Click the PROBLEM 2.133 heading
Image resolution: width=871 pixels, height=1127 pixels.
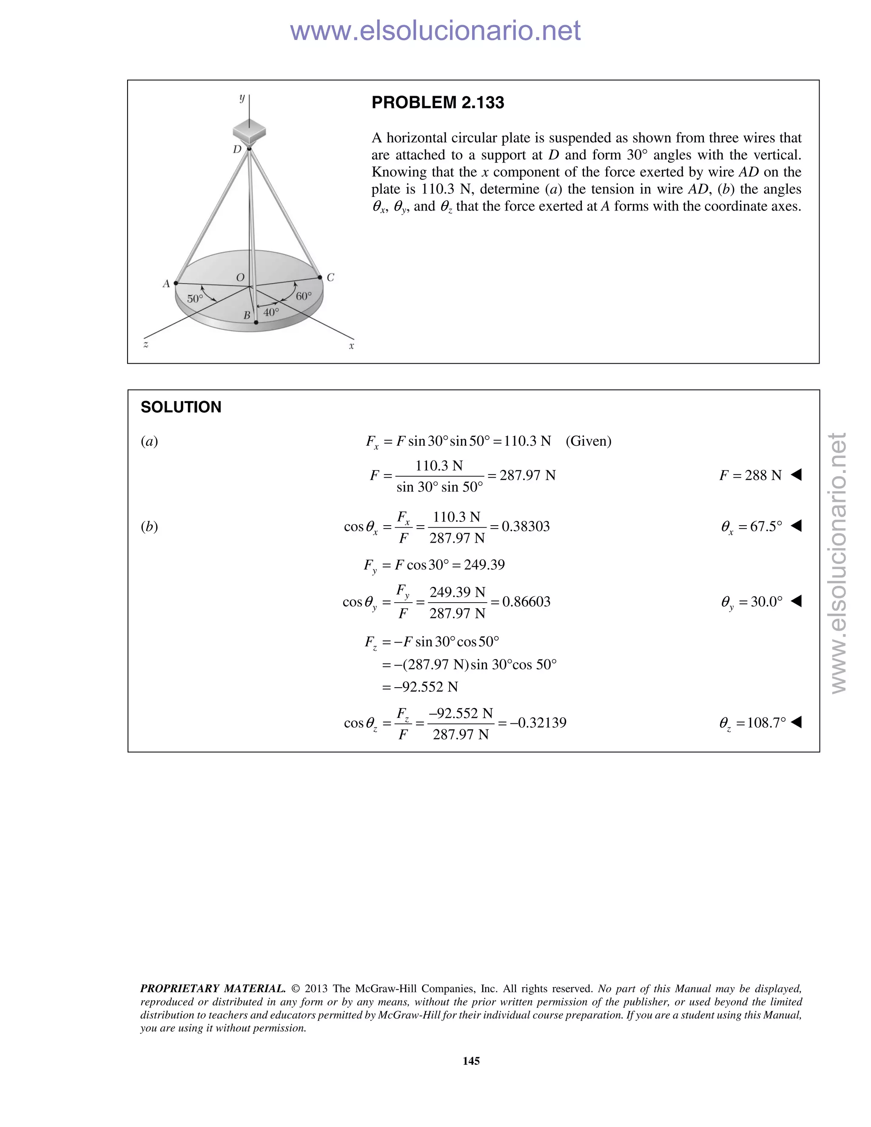(x=438, y=102)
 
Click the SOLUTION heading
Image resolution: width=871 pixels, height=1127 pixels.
(x=181, y=407)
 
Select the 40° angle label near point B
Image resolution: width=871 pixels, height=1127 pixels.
(x=271, y=312)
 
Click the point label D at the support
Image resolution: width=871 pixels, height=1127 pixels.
(x=237, y=150)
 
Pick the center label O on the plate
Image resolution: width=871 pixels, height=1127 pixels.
(x=240, y=278)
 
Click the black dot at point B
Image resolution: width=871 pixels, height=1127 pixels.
(x=256, y=322)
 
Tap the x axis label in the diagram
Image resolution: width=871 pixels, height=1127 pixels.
(x=351, y=346)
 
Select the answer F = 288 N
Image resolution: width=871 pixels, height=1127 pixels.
(x=751, y=475)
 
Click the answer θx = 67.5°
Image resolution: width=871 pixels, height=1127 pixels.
(x=751, y=527)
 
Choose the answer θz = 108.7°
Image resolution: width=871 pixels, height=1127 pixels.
(x=752, y=723)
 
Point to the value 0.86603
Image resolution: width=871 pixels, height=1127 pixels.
(x=527, y=602)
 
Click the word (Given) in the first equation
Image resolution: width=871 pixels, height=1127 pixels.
(x=588, y=441)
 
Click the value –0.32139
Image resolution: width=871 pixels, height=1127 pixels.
(x=538, y=723)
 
